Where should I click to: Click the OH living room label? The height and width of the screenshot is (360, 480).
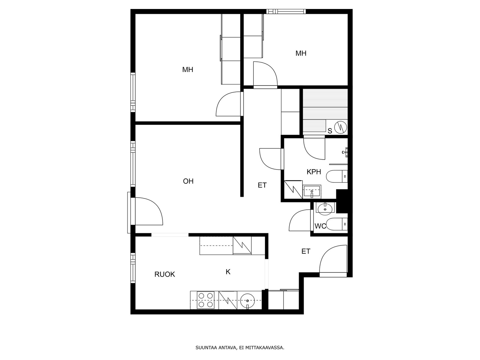(x=188, y=181)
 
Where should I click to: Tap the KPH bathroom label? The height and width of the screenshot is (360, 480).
(x=314, y=172)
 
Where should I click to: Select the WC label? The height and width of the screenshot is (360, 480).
(x=320, y=226)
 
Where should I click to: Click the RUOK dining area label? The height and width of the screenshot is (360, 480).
(x=165, y=274)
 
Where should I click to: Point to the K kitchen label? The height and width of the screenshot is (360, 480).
(x=228, y=272)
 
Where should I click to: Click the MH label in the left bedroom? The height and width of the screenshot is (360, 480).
(x=187, y=70)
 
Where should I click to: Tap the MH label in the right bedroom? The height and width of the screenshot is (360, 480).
(x=301, y=53)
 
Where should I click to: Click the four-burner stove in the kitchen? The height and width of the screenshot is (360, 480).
(x=205, y=300)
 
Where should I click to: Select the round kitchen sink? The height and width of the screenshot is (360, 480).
(x=247, y=301)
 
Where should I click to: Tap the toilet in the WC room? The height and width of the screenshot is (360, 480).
(x=337, y=224)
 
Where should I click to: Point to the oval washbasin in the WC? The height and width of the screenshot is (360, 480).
(x=325, y=209)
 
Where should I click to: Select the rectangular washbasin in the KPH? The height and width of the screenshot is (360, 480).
(x=312, y=191)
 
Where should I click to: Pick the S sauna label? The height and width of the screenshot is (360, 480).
(x=330, y=131)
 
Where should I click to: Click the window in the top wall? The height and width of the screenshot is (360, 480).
(x=286, y=11)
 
